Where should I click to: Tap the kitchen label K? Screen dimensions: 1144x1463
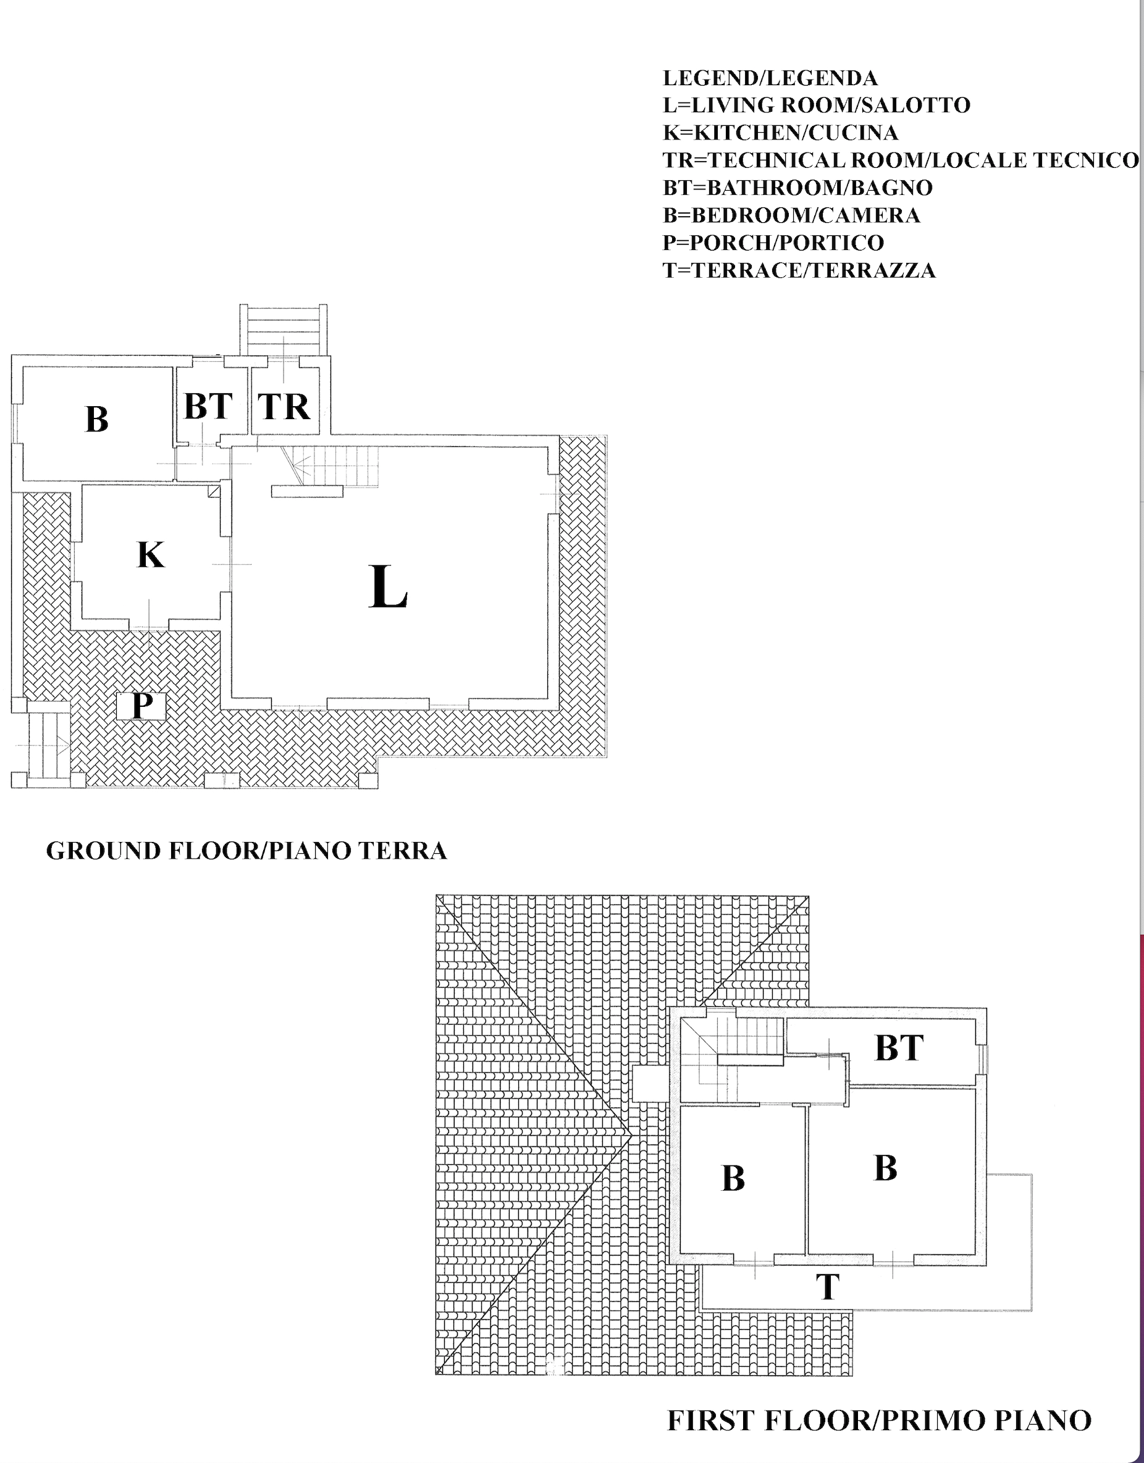pyautogui.click(x=150, y=555)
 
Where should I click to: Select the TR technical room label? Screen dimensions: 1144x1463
pyautogui.click(x=284, y=406)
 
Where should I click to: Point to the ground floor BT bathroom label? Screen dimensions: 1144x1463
pyautogui.click(x=208, y=406)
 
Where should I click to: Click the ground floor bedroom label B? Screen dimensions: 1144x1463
pyautogui.click(x=97, y=419)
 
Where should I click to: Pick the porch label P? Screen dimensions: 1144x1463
pyautogui.click(x=141, y=706)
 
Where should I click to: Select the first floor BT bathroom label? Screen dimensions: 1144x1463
pyautogui.click(x=899, y=1048)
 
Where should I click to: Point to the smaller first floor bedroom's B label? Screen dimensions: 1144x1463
pyautogui.click(x=733, y=1179)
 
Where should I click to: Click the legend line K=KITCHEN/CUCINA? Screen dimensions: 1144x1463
pyautogui.click(x=781, y=133)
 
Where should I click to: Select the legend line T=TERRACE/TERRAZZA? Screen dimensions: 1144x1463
pyautogui.click(x=799, y=270)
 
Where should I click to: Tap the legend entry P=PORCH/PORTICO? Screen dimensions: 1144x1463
pyautogui.click(x=773, y=243)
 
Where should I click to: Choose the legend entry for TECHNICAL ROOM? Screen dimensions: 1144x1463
pyautogui.click(x=900, y=160)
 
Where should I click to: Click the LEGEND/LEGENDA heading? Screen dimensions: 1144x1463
pyautogui.click(x=770, y=78)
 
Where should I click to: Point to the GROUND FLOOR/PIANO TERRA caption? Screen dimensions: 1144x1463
pyautogui.click(x=246, y=851)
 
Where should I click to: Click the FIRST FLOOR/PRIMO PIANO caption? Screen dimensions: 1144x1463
pyautogui.click(x=879, y=1420)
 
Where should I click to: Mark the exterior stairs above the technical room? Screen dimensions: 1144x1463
pyautogui.click(x=284, y=330)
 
